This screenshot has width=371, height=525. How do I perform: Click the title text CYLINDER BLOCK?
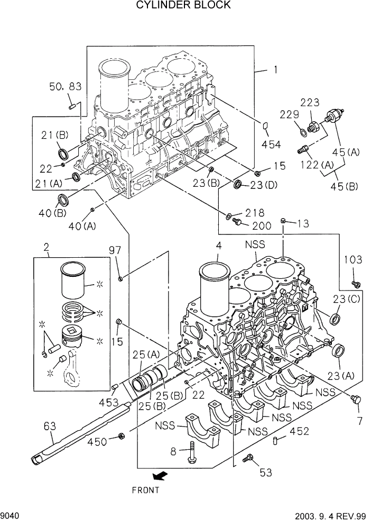pyautogui.click(x=183, y=5)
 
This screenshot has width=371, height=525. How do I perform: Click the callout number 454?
pyautogui.click(x=271, y=144)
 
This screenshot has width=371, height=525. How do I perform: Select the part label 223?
pyautogui.click(x=310, y=102)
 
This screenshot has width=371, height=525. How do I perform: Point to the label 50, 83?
pyautogui.click(x=66, y=87)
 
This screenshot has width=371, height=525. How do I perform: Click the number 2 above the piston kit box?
pyautogui.click(x=47, y=247)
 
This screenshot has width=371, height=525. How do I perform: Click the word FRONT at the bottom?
pyautogui.click(x=145, y=490)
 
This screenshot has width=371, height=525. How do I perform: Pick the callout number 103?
pyautogui.click(x=353, y=260)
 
